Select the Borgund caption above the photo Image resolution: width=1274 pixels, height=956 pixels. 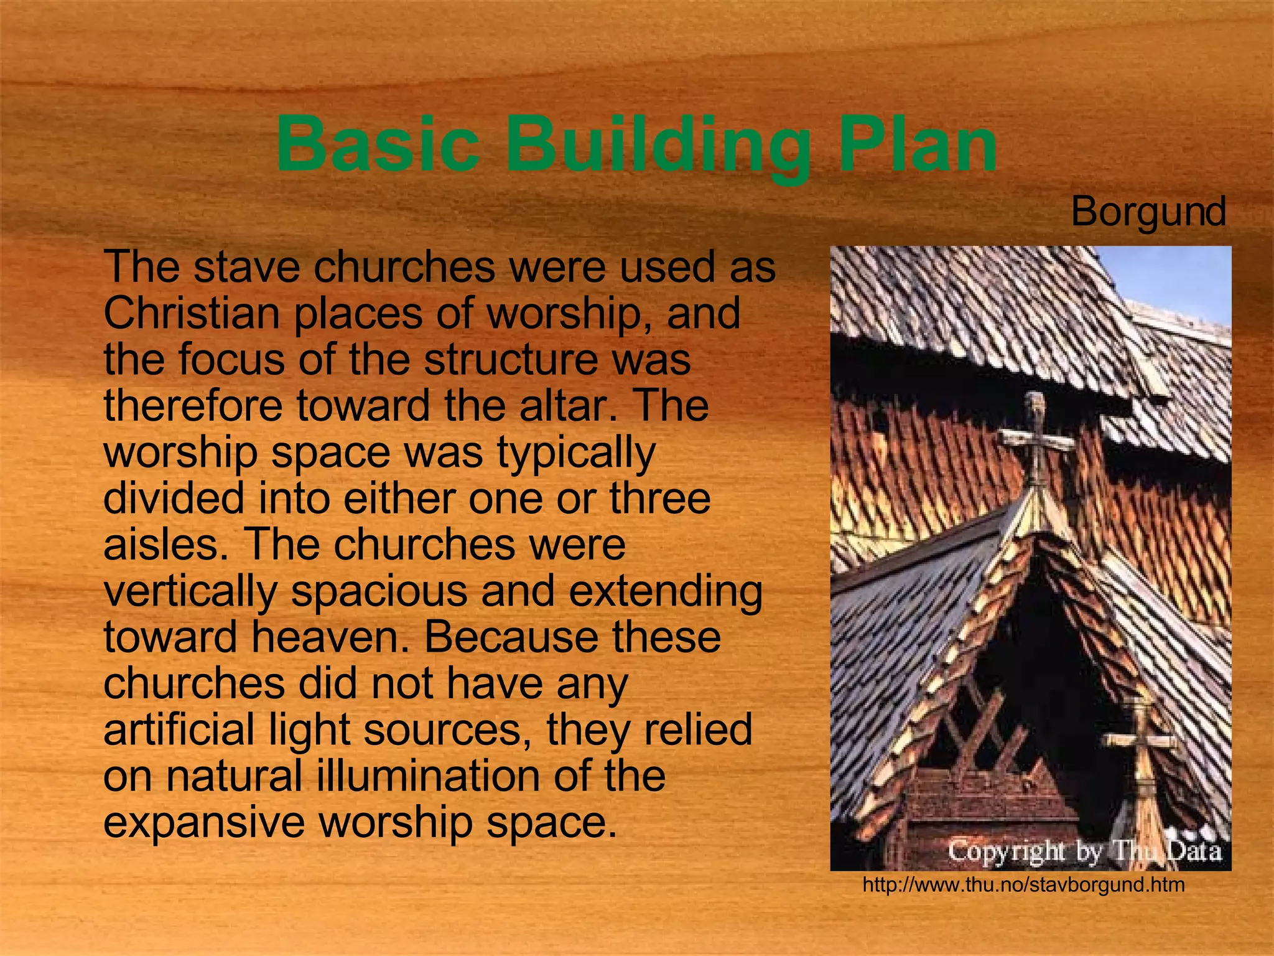coord(1148,212)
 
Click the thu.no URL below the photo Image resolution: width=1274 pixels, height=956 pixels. coord(1023,884)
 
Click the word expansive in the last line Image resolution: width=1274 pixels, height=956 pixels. coord(204,822)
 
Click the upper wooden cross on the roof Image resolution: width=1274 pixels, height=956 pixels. coord(1035,439)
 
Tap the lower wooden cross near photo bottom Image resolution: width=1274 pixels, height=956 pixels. coord(1142,741)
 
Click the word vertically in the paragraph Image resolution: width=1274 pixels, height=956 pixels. coord(190,592)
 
